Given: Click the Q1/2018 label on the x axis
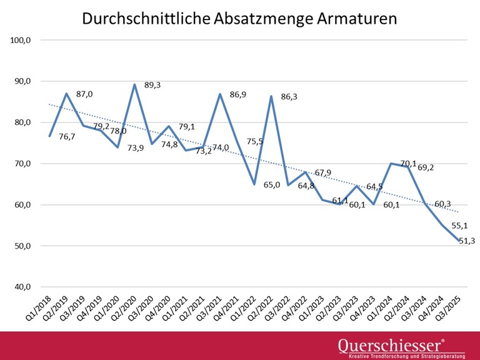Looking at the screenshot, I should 39,307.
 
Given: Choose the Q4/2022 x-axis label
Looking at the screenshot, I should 297,307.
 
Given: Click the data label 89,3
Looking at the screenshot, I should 152,85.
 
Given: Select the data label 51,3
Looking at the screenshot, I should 466,241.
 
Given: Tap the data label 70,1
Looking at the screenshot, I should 409,164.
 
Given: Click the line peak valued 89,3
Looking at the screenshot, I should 134,84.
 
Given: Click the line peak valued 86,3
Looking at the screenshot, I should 271,96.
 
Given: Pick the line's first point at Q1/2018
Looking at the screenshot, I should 49,136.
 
